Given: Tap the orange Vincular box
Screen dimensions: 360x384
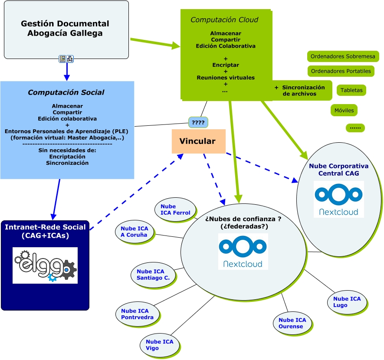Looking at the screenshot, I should tap(198, 141).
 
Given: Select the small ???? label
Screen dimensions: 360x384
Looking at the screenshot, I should tap(198, 123).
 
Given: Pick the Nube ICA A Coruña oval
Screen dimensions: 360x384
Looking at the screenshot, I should tap(135, 232).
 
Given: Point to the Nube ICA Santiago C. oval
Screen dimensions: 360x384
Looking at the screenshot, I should tap(153, 275).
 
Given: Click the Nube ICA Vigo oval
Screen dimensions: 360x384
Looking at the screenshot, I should tap(159, 345).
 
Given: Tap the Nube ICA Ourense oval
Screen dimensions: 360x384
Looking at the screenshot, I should tap(292, 323).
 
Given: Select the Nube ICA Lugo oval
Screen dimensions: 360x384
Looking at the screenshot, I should tap(347, 302).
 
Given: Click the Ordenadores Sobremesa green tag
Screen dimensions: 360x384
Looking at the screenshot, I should tap(343, 56).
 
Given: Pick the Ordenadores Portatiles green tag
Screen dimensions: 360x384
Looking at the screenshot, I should tap(341, 71).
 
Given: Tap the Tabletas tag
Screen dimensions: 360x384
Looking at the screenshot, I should tap(351, 90).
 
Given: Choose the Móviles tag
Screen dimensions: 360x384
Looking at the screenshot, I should tap(344, 110).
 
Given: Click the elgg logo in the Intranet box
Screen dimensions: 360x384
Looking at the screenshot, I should tap(45, 265).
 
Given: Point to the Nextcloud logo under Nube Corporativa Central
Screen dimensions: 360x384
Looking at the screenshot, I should tap(338, 199).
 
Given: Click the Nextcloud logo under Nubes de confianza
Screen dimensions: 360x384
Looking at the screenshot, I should tap(243, 252).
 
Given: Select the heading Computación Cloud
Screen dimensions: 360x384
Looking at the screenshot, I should tap(224, 20).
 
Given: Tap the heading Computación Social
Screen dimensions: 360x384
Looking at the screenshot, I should tap(66, 92).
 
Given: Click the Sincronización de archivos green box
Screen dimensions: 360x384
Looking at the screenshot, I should tap(300, 91).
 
